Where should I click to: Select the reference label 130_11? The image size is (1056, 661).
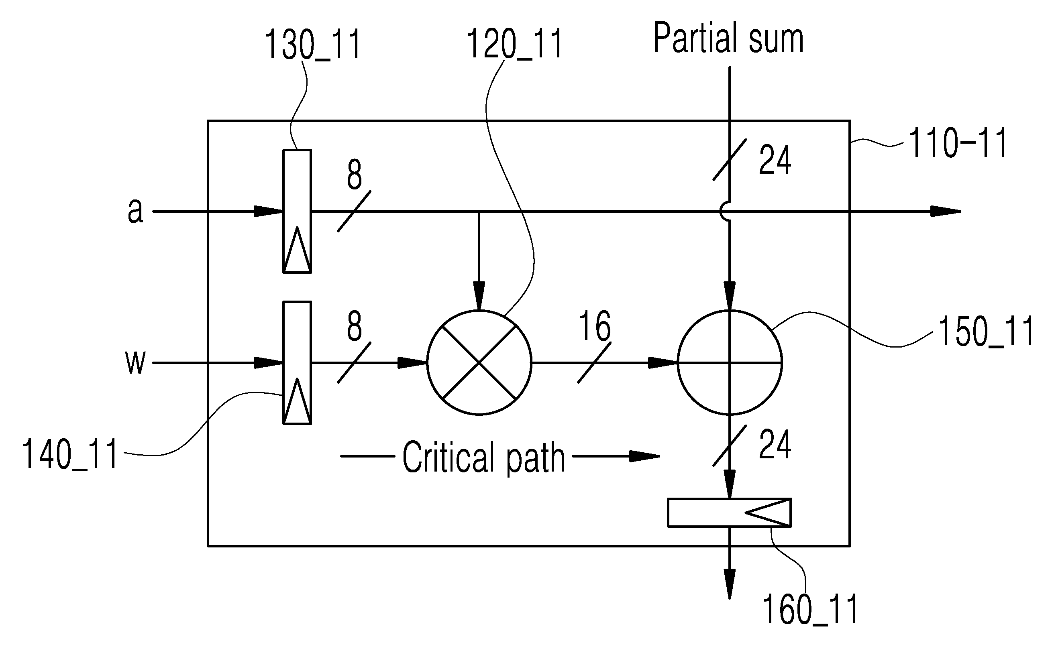pos(313,45)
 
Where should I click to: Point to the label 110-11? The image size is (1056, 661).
pos(958,142)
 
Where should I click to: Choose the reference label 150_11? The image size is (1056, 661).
pos(986,332)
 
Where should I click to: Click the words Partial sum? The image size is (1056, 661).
pos(728,39)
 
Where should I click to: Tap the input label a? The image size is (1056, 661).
pos(135,211)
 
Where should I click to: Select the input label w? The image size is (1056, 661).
pos(135,362)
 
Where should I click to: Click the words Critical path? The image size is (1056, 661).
pos(483,458)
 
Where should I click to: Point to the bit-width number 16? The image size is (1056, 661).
pos(594,326)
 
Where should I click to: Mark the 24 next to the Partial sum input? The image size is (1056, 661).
pos(775,160)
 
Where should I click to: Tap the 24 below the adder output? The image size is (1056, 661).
pos(775,444)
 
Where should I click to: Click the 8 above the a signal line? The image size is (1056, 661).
pos(354,175)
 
